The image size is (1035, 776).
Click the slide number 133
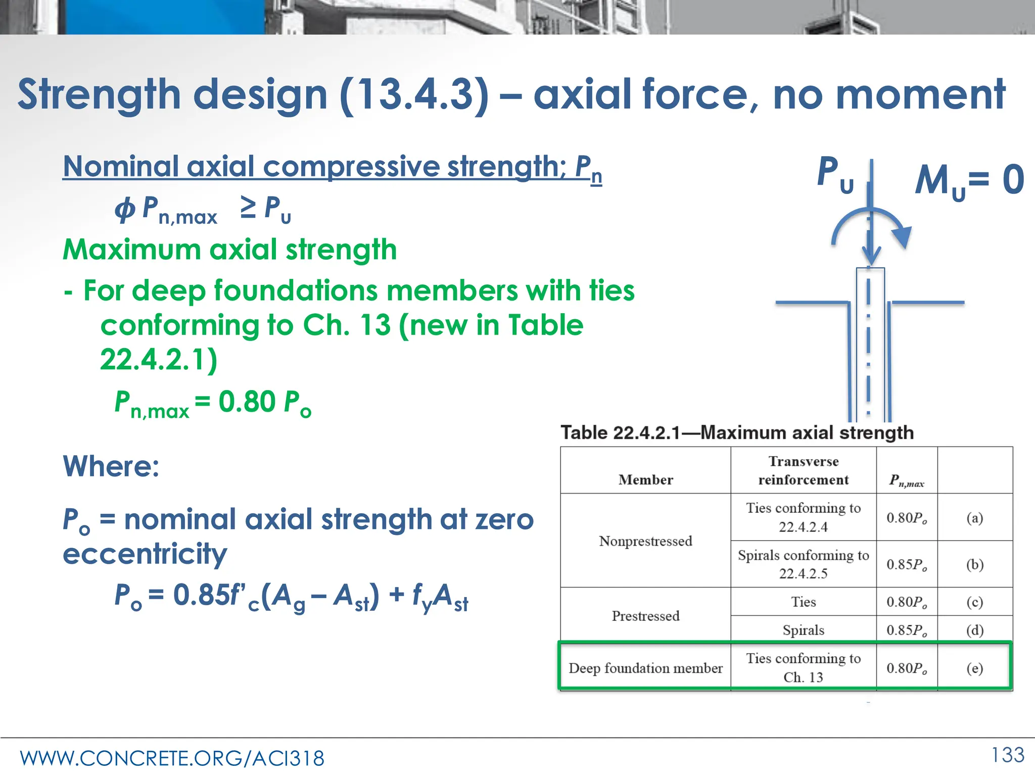[1008, 755]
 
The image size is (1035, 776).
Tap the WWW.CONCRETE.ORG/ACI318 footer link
[172, 758]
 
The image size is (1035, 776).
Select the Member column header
[645, 479]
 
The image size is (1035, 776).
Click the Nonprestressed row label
[645, 541]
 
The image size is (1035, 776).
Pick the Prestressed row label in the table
[645, 616]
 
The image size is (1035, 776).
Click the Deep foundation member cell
[645, 668]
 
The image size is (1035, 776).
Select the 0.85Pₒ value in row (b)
[907, 564]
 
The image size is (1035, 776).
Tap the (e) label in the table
[974, 668]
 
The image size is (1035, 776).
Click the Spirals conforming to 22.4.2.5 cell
[803, 564]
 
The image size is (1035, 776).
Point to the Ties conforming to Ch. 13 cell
[803, 667]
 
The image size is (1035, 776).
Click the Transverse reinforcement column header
[803, 470]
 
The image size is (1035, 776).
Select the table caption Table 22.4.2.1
[737, 433]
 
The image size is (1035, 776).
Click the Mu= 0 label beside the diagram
[969, 181]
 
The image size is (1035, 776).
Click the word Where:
[111, 466]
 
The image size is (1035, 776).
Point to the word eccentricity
[145, 554]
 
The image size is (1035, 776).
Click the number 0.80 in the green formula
[247, 402]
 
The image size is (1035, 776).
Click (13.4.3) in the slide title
[414, 95]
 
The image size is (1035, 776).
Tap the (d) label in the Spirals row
[974, 630]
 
